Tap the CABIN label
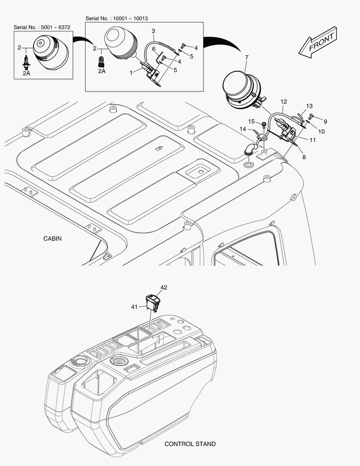(53, 239)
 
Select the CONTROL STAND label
(190, 444)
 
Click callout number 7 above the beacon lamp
(247, 57)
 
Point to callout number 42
(164, 287)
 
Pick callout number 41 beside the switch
(134, 307)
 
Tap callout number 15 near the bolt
(252, 121)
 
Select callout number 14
(243, 129)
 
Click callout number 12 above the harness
(284, 102)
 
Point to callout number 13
(309, 106)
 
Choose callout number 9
(325, 122)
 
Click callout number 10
(321, 131)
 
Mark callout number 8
(304, 157)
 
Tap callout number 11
(313, 140)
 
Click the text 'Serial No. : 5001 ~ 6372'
(42, 27)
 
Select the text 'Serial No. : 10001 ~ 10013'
(117, 19)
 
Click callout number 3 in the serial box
(153, 31)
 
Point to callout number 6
(154, 49)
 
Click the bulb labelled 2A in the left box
(26, 62)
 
